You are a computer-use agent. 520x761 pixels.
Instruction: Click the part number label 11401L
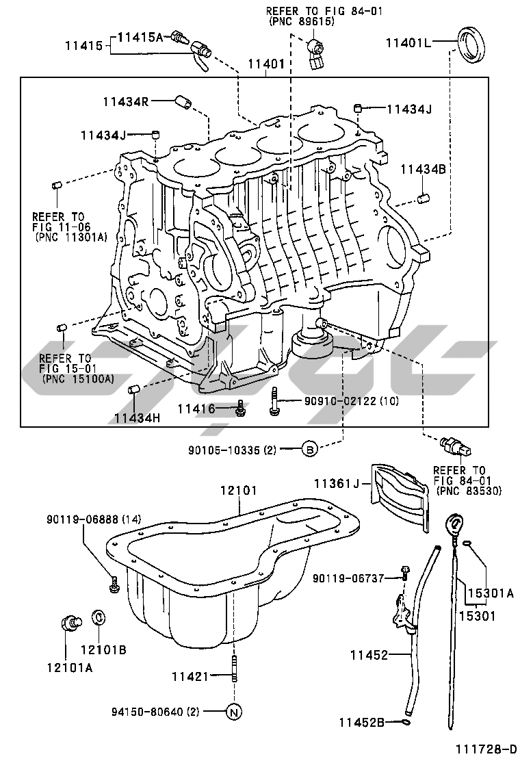click(x=408, y=42)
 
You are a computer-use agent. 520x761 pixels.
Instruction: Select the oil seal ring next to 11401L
click(x=471, y=45)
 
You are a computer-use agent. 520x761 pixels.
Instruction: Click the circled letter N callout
click(x=234, y=712)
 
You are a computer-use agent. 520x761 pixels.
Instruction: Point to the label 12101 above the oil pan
click(x=239, y=491)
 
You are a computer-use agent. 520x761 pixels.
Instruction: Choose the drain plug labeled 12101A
click(x=70, y=622)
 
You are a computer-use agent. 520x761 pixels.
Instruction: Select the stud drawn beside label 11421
click(x=234, y=669)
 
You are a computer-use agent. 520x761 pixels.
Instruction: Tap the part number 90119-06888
click(x=83, y=519)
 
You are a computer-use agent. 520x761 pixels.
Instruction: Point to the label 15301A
click(x=491, y=593)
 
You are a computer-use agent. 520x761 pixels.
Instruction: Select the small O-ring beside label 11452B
click(x=406, y=723)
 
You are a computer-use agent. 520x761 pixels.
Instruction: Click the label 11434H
click(x=137, y=417)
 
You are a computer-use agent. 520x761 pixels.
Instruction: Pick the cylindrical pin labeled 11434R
click(x=183, y=101)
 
